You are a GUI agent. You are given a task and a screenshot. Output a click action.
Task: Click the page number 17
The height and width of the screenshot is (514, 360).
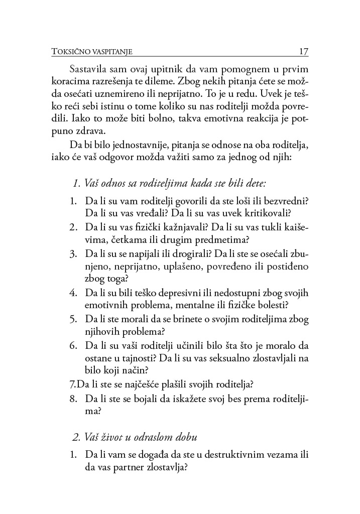[x=303, y=51]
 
